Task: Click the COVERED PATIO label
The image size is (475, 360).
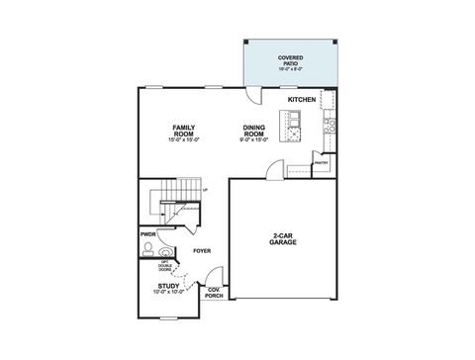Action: tap(290, 62)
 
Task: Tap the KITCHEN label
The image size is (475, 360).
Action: tap(302, 100)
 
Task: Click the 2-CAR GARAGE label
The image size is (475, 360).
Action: tap(281, 238)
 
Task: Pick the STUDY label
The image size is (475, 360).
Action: tap(168, 286)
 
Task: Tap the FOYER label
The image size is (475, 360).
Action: tap(202, 251)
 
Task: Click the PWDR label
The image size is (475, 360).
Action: tap(147, 234)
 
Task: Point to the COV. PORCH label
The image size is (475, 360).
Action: tap(214, 293)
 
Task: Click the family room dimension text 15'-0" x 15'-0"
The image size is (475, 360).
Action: tap(184, 140)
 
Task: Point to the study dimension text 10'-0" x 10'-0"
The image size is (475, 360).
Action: tap(168, 294)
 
